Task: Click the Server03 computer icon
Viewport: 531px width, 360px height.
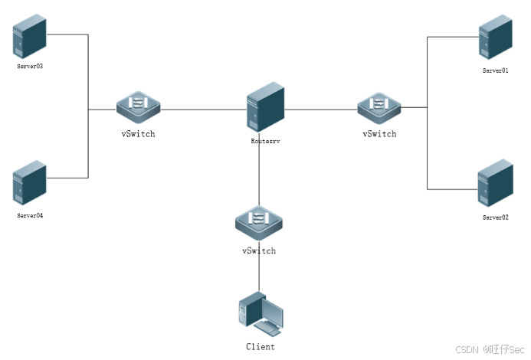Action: pyautogui.click(x=30, y=35)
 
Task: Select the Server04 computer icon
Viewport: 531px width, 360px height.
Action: pyautogui.click(x=30, y=185)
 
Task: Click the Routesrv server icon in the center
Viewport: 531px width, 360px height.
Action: pyautogui.click(x=265, y=108)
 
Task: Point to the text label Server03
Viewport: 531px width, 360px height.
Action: pyautogui.click(x=30, y=67)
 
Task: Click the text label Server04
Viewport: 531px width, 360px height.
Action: pyautogui.click(x=30, y=216)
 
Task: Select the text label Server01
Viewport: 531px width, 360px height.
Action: pyautogui.click(x=495, y=70)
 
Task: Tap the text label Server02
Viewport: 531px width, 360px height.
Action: pyautogui.click(x=495, y=218)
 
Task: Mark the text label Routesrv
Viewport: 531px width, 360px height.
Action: pyautogui.click(x=265, y=141)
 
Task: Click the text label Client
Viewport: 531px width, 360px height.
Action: pyautogui.click(x=260, y=347)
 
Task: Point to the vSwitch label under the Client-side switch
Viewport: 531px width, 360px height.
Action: pyautogui.click(x=258, y=250)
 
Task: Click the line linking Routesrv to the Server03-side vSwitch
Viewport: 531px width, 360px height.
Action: pyautogui.click(x=203, y=110)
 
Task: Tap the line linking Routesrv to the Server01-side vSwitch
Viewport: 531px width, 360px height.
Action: pyautogui.click(x=322, y=110)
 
